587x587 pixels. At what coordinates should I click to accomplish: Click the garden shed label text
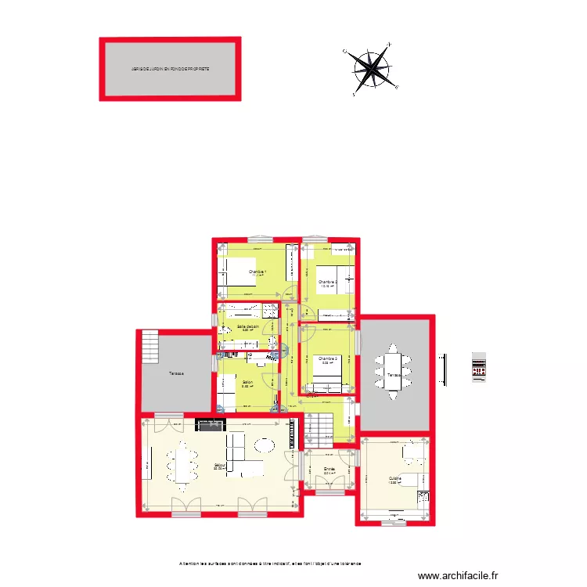[x=170, y=69]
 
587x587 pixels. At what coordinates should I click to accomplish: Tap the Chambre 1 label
[x=257, y=272]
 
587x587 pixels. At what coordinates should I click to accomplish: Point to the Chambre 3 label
[x=327, y=360]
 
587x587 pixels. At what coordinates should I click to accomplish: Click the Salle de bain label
[x=248, y=327]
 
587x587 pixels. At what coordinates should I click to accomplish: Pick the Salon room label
[x=246, y=383]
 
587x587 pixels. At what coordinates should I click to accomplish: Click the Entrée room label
[x=330, y=470]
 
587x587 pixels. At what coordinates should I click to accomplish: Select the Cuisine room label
[x=394, y=479]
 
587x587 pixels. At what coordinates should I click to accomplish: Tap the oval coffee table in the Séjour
[x=264, y=445]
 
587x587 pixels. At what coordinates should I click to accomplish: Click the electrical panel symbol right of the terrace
[x=479, y=366]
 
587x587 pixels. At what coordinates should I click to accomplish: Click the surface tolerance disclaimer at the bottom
[x=270, y=563]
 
